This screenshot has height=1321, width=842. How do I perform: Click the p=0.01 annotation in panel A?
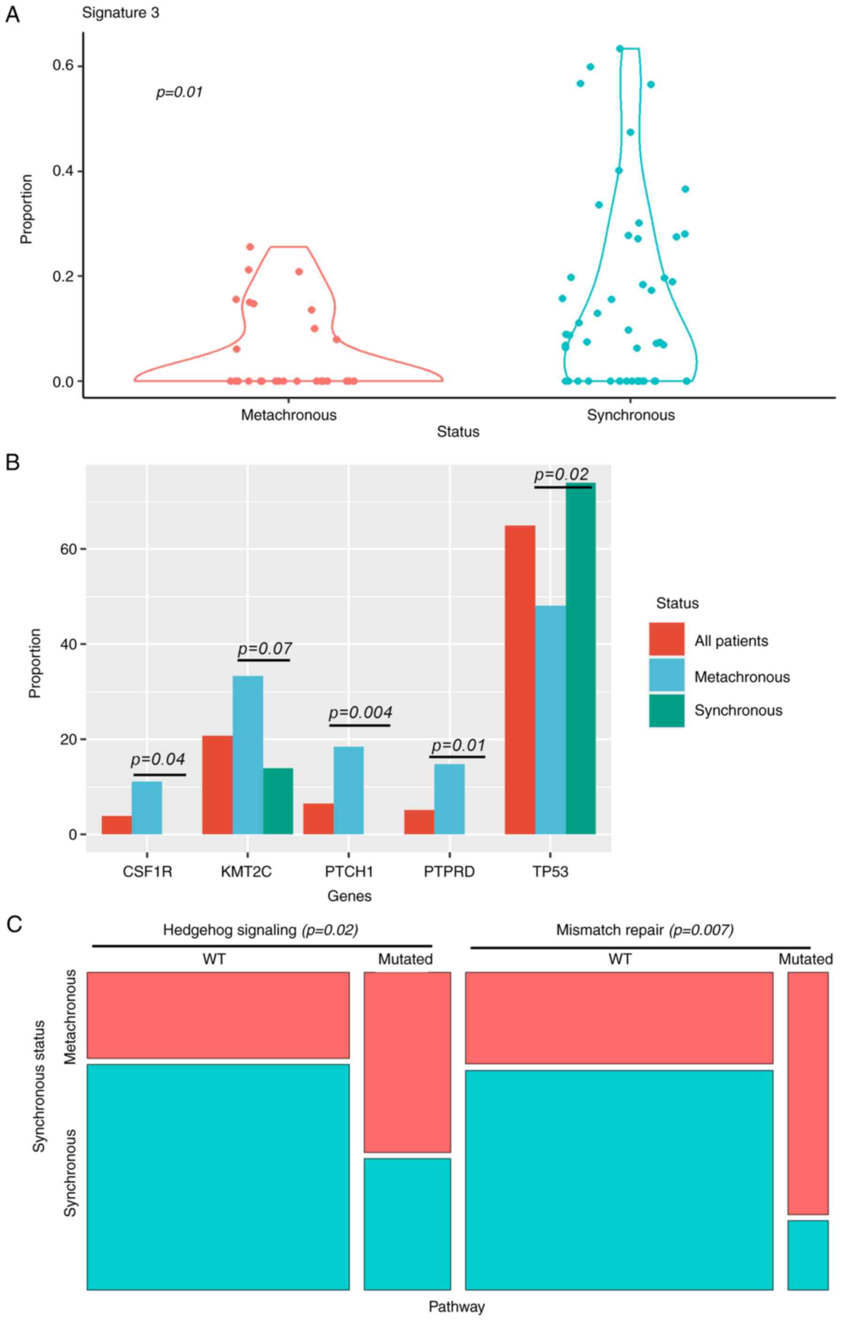[x=179, y=92]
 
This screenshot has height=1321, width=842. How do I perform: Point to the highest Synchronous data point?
[x=620, y=49]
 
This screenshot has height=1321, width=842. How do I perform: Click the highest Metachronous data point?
[x=250, y=247]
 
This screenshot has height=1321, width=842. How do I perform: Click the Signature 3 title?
[x=121, y=13]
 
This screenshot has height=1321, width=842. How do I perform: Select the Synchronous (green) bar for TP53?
[x=581, y=658]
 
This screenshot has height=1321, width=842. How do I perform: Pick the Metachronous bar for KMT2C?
[x=248, y=755]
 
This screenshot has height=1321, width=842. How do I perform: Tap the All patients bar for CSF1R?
[x=116, y=824]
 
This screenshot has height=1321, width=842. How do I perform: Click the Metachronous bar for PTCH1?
[x=349, y=790]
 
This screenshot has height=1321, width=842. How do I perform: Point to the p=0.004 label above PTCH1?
[x=360, y=713]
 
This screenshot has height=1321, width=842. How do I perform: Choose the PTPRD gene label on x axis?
[x=449, y=872]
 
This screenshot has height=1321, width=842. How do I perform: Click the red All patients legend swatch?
[x=667, y=639]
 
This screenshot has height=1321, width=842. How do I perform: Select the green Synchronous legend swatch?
[x=667, y=710]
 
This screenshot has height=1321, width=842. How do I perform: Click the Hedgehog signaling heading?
[x=229, y=930]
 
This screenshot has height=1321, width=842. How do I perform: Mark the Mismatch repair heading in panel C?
[x=609, y=930]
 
